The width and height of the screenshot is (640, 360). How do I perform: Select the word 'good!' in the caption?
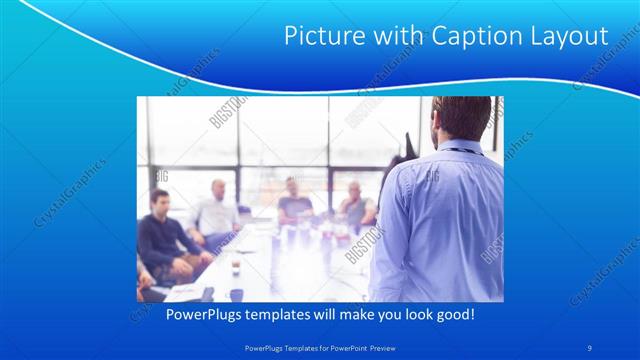point(452,314)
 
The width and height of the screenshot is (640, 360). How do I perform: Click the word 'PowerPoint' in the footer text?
point(342,347)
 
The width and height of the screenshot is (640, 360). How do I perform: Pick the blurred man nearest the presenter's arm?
point(355,204)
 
